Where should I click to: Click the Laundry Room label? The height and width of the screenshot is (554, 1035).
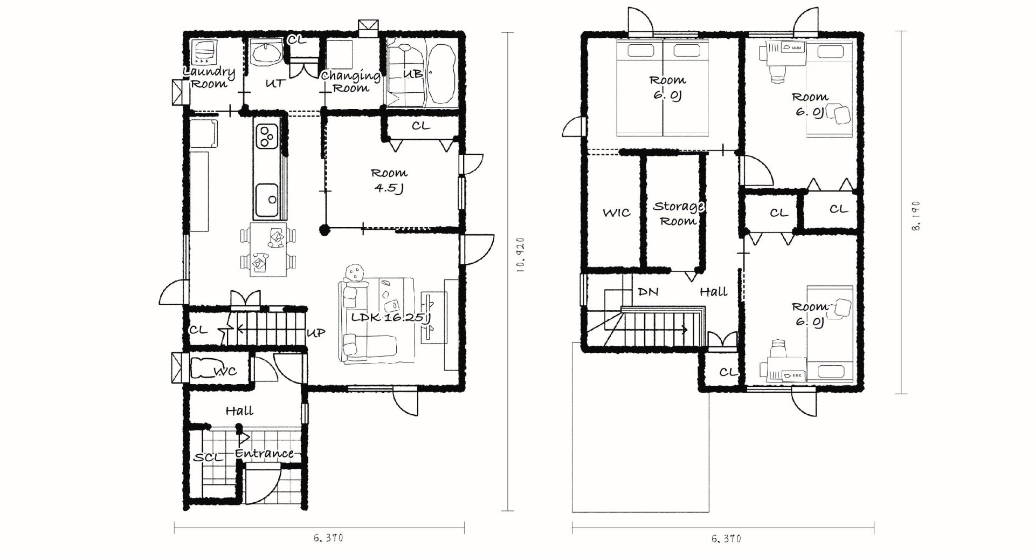click(x=209, y=78)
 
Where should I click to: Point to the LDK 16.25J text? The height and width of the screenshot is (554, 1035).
click(x=391, y=318)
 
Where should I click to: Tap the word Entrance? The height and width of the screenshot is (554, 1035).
click(x=265, y=453)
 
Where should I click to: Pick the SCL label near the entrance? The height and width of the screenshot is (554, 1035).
click(x=208, y=457)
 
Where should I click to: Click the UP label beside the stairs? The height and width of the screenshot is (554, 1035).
click(x=316, y=333)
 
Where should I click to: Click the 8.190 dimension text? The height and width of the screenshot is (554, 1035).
click(x=916, y=216)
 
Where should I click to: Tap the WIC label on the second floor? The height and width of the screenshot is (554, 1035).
click(x=616, y=213)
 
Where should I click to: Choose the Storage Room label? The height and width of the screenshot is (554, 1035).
click(x=678, y=214)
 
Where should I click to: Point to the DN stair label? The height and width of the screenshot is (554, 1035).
click(x=648, y=292)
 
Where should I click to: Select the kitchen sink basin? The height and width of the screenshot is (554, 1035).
click(x=267, y=200)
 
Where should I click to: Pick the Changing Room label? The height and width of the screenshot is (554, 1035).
click(x=351, y=82)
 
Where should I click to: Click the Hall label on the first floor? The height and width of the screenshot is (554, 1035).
click(x=239, y=411)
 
